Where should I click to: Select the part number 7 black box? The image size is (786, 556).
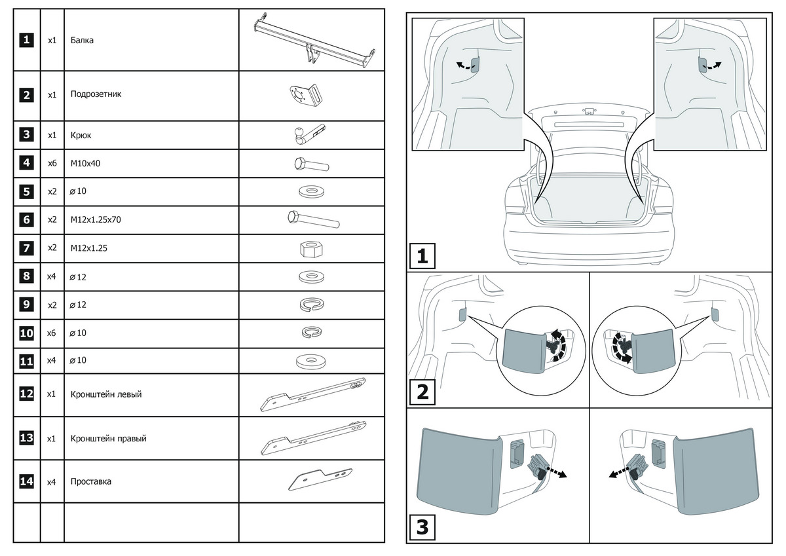pos(26,248)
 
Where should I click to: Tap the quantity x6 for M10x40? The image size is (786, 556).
pos(52,163)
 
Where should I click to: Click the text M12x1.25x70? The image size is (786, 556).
pos(96,219)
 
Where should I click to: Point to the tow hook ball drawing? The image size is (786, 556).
pos(298,136)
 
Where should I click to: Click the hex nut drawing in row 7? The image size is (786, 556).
pos(311,249)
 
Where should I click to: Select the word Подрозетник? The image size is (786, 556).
pos(96,94)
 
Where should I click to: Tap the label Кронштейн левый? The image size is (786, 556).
pos(105,394)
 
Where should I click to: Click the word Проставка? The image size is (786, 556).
pos(90,481)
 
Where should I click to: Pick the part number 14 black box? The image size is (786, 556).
pos(26,481)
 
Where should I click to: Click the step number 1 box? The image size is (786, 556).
pos(422,256)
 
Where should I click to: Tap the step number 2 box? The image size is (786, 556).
pos(422,392)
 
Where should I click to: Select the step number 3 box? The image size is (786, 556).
pos(422,527)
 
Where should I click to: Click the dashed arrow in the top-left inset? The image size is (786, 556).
pos(462,65)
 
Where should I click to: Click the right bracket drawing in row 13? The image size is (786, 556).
pos(312,438)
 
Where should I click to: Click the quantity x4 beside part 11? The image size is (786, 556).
pos(52,360)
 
